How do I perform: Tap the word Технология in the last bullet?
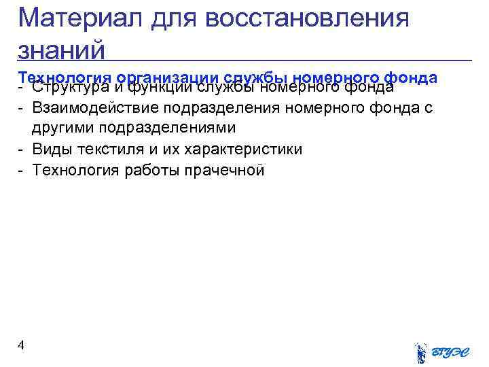click(76, 170)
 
